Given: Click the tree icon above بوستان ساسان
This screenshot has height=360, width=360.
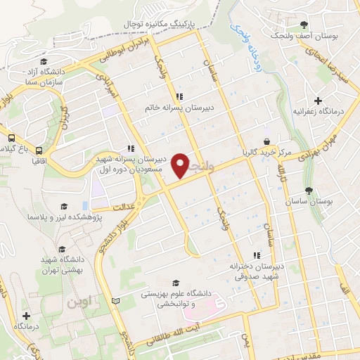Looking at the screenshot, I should point(309,190).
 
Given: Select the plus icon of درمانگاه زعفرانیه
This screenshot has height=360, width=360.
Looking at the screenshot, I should point(319,101).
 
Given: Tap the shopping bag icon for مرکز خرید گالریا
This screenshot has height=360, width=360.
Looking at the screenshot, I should point(266,140).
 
